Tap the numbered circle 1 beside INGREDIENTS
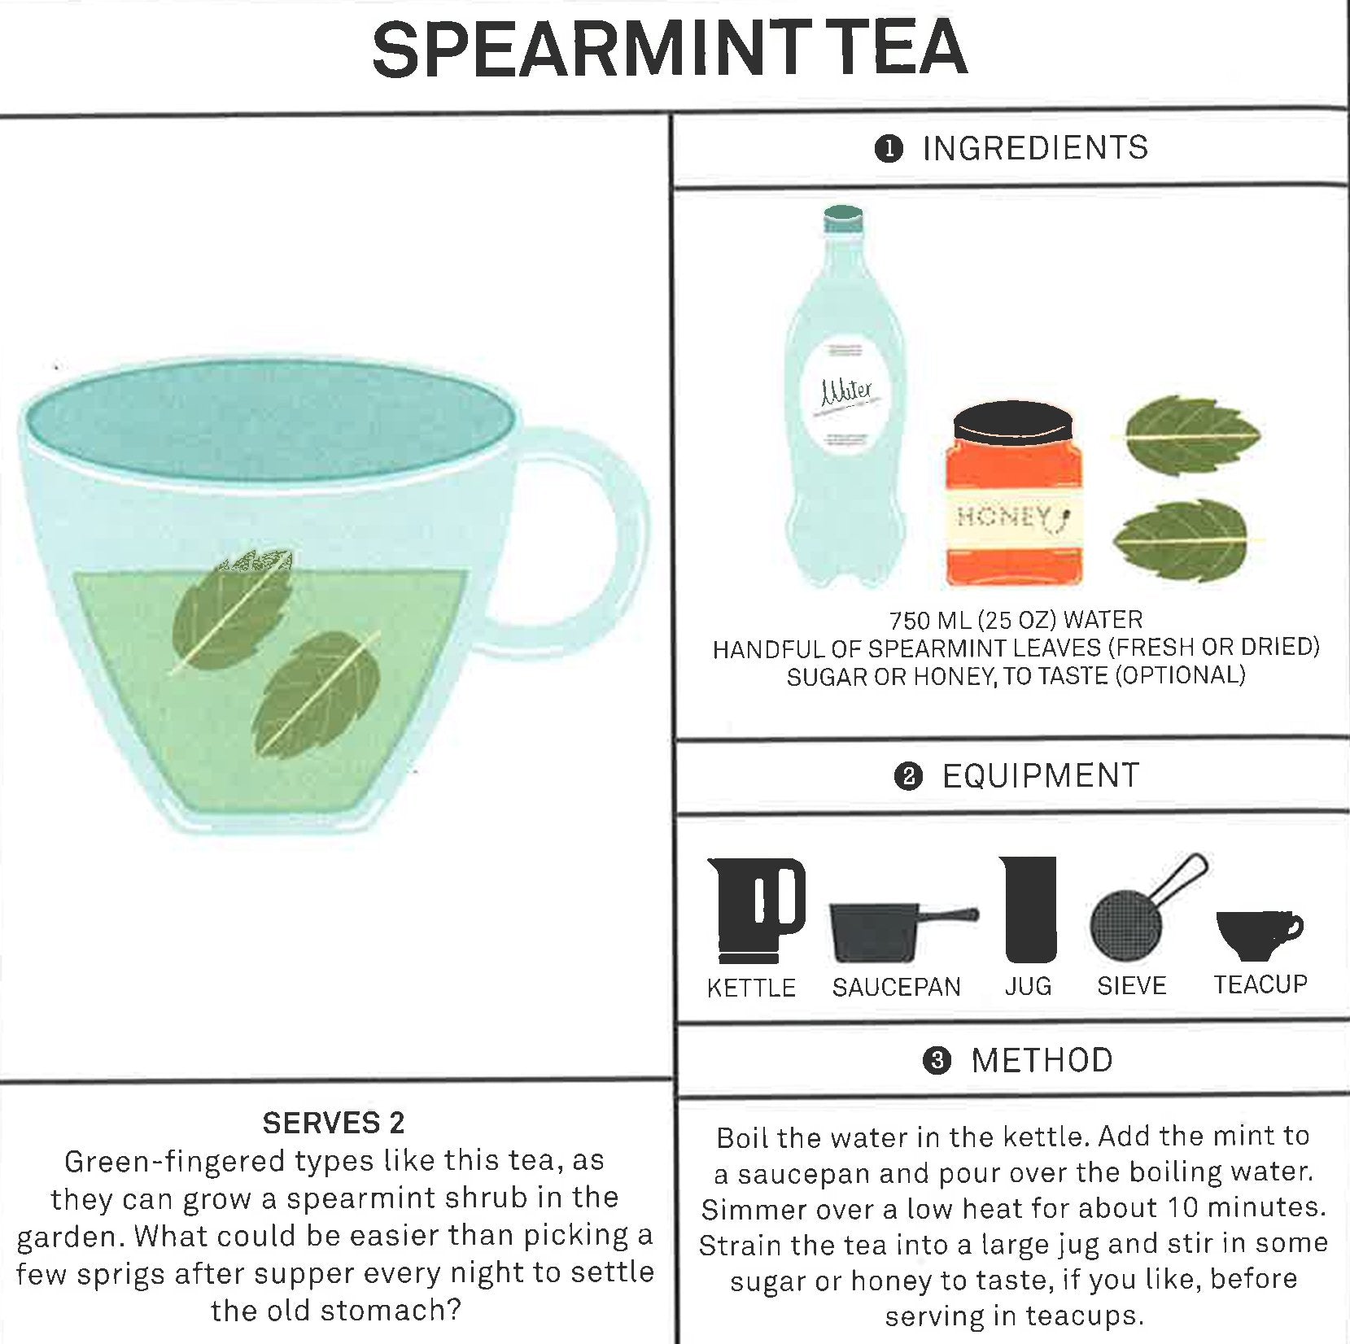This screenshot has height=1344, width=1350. coord(889,149)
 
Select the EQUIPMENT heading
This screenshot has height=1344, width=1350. coord(1040,776)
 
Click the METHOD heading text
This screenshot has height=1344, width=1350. coord(1042,1061)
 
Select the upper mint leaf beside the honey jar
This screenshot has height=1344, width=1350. coord(1188,436)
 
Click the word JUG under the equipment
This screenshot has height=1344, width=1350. coord(1028,987)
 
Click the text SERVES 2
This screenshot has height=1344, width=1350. coord(333,1124)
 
